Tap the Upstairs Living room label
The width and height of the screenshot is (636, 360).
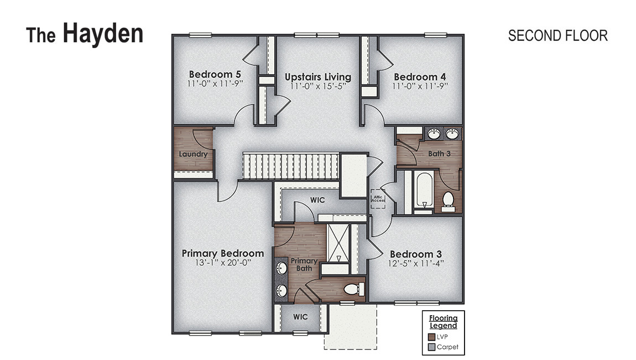(x=317, y=77)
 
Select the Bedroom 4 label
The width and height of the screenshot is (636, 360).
(x=419, y=77)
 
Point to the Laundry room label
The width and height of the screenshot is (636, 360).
(x=193, y=154)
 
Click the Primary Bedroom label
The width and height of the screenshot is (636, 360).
(x=222, y=253)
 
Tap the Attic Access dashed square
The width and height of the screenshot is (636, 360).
(x=378, y=198)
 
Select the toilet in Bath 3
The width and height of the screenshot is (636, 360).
(x=448, y=200)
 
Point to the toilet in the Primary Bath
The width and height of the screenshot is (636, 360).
(x=353, y=289)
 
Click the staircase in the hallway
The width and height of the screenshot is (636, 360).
(x=290, y=166)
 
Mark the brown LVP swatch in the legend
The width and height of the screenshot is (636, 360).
(x=432, y=336)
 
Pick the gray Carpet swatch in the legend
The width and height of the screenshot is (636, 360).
(x=432, y=347)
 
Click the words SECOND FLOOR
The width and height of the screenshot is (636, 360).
(x=557, y=35)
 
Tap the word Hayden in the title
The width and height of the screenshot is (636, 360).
(x=103, y=33)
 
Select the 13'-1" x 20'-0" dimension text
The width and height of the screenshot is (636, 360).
(x=222, y=263)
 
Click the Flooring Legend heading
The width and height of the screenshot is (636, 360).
(x=444, y=321)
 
